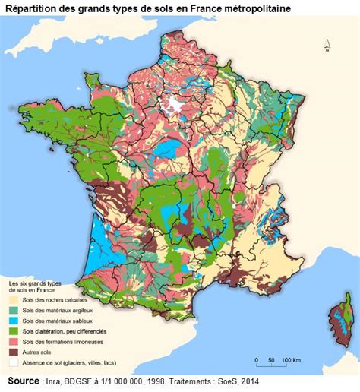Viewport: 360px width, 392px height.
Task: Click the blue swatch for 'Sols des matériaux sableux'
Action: click(x=14, y=321)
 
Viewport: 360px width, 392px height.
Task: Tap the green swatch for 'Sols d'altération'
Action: click(x=14, y=332)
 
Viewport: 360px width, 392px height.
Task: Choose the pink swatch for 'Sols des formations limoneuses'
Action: click(x=14, y=342)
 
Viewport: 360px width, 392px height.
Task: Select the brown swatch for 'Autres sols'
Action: click(x=14, y=352)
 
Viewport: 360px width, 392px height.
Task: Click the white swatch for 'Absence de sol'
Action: click(x=14, y=362)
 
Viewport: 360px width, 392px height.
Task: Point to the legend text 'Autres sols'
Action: click(x=39, y=352)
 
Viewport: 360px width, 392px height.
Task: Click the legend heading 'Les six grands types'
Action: click(x=38, y=283)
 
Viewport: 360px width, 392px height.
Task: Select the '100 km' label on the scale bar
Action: click(x=291, y=359)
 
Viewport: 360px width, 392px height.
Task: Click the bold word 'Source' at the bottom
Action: click(x=24, y=380)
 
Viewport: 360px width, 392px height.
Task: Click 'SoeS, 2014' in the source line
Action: click(x=239, y=381)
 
